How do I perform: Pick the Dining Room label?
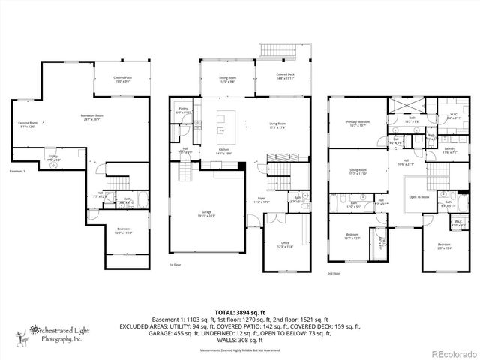[x=226, y=79]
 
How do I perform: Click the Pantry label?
[x=183, y=110]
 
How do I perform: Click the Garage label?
[x=205, y=214]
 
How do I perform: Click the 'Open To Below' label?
[x=418, y=198]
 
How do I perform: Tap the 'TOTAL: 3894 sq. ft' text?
[x=239, y=311]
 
